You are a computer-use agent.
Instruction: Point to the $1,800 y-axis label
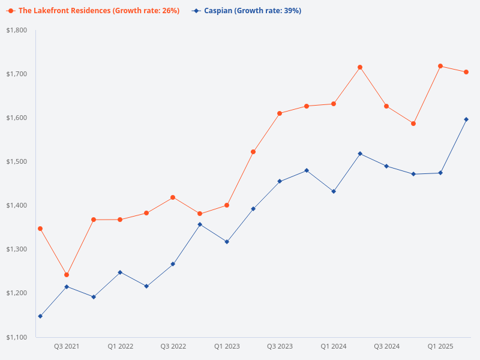tap(17, 30)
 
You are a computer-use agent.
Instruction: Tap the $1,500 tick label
tap(17, 161)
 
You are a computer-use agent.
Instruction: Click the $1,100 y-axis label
tap(17, 337)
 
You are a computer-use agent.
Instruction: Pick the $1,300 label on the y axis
tap(17, 249)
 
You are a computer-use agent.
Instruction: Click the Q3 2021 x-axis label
tap(67, 346)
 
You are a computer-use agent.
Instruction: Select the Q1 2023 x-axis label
tap(227, 346)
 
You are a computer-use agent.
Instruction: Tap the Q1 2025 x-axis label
tap(440, 346)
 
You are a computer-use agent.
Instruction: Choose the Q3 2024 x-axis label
tap(387, 346)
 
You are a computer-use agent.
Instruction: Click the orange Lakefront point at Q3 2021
tap(67, 275)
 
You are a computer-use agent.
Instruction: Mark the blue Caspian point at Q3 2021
tap(67, 287)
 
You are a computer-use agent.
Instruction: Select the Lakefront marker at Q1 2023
tap(227, 205)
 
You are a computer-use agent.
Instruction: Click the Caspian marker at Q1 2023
tap(227, 242)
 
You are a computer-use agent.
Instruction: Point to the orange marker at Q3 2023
tap(280, 113)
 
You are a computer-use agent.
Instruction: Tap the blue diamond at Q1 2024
tap(334, 191)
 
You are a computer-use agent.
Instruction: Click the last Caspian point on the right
tap(467, 119)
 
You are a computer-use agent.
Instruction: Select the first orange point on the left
tap(40, 229)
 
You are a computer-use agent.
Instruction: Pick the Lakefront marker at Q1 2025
tap(440, 66)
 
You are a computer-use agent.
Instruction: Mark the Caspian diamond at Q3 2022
tap(173, 264)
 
